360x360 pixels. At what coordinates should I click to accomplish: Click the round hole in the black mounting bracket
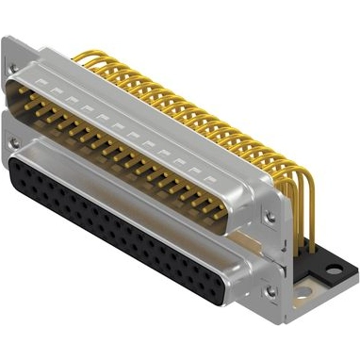(x=333, y=270)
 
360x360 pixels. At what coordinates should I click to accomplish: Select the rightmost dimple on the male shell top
(x=209, y=175)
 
